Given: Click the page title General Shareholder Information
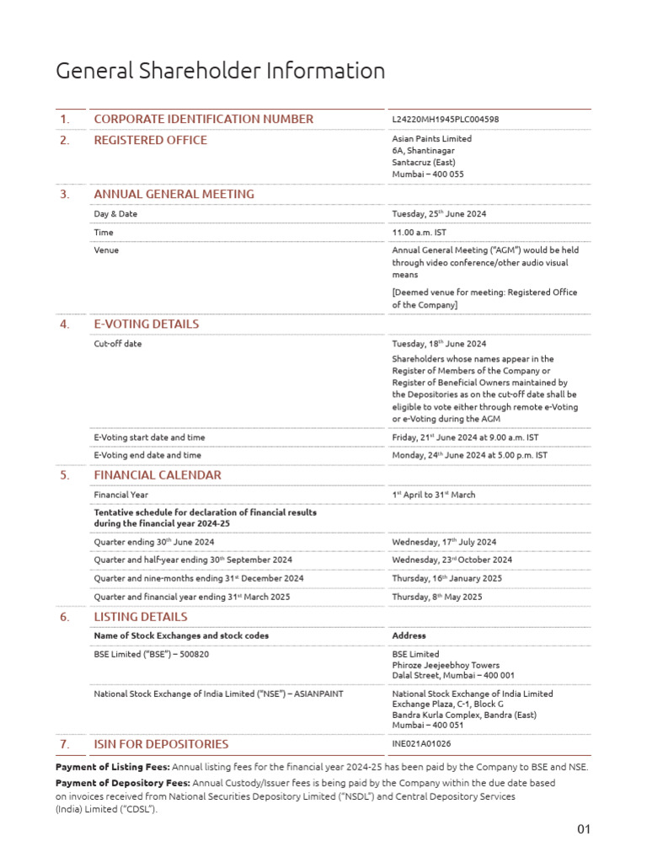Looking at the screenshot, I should tap(220, 72).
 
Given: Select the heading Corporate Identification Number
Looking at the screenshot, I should tap(203, 119).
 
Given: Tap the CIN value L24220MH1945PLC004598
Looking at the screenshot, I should tap(445, 120).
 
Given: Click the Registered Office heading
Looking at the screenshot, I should tap(150, 140).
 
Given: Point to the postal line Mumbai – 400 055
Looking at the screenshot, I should tap(427, 174).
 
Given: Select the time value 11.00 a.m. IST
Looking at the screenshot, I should tap(420, 233).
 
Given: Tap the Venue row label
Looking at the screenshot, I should tap(106, 250).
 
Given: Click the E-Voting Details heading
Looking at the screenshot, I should tap(146, 324).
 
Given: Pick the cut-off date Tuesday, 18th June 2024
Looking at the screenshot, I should tap(438, 344).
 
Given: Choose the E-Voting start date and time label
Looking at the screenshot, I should tap(149, 437).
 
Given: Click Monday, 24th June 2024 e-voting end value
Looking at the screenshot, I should tap(469, 455).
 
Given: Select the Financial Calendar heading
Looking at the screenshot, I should tap(157, 474).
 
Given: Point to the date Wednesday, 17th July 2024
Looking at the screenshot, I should tap(444, 542).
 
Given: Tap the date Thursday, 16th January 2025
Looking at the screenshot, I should tap(446, 579).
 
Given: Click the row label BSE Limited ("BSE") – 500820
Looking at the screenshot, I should tap(151, 653).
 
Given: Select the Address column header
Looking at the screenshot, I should tap(409, 635).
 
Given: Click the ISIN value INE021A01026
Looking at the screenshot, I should tap(421, 744).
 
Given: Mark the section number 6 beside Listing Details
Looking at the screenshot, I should tap(65, 617).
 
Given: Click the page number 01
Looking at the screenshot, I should tap(584, 829).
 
